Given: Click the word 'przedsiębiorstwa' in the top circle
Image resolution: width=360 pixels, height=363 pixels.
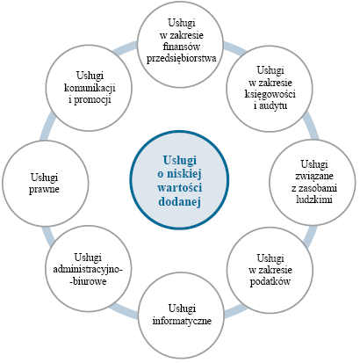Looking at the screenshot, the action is click(x=182, y=58).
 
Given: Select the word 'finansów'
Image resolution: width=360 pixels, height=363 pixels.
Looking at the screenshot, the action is click(x=182, y=47).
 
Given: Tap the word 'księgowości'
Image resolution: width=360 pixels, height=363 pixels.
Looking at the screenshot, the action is click(x=270, y=94).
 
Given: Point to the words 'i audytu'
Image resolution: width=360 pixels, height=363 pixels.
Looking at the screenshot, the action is click(x=270, y=105).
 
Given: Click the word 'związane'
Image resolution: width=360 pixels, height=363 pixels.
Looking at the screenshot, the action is click(x=314, y=177).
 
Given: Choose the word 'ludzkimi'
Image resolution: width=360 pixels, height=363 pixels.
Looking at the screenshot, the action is click(x=314, y=200).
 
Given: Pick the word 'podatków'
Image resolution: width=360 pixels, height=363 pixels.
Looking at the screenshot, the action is click(x=270, y=281).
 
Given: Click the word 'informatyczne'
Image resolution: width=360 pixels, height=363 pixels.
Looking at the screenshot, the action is click(x=182, y=320).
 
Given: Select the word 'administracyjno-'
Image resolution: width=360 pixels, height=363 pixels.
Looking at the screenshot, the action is click(x=88, y=270).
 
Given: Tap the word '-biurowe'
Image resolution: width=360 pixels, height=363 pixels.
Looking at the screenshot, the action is click(x=90, y=281).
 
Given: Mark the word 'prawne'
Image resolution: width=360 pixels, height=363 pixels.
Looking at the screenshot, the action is click(x=44, y=189).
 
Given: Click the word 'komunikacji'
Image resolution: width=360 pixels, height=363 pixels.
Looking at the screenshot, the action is click(x=90, y=88).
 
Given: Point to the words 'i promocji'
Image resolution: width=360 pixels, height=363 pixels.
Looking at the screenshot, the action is click(x=90, y=100).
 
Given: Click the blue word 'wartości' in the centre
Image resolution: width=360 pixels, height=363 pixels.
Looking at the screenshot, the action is click(x=180, y=187).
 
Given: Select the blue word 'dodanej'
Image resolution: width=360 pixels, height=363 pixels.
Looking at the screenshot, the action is click(x=180, y=201).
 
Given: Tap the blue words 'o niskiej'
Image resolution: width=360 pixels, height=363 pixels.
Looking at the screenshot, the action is click(x=180, y=174).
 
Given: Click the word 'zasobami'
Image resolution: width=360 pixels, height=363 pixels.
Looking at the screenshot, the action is click(x=314, y=188).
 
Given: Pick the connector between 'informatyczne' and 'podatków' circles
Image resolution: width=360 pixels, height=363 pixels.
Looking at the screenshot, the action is click(x=235, y=311).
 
